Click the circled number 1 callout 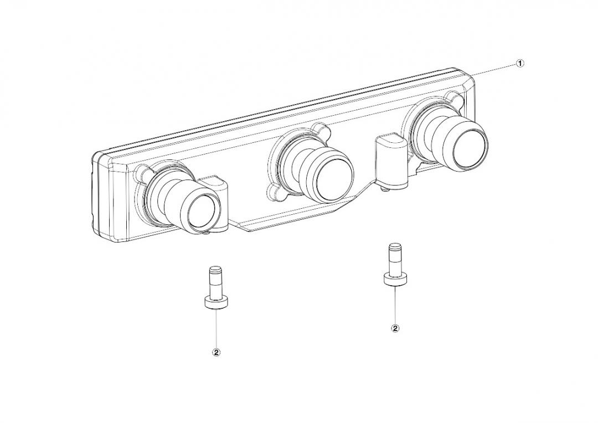click(x=520, y=63)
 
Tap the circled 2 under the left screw click(x=216, y=353)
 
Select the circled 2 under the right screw click(x=395, y=328)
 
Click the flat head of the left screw click(x=216, y=303)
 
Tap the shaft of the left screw click(x=216, y=283)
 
